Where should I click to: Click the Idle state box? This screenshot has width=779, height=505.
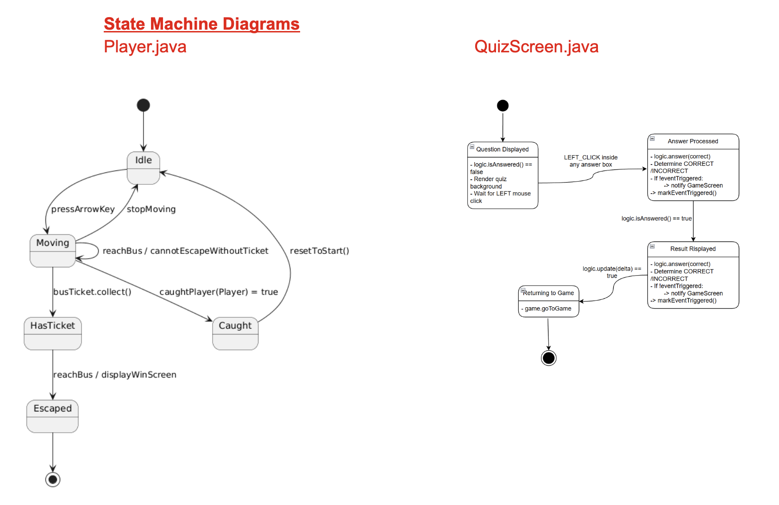pos(143,168)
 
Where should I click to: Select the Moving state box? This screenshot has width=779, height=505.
pos(52,250)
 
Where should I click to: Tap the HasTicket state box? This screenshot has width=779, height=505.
pos(52,333)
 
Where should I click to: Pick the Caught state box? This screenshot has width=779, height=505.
pos(235,333)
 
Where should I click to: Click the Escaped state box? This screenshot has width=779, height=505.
pos(52,416)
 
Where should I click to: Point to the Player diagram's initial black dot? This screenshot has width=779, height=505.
pos(143,105)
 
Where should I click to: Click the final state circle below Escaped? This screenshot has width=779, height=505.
pos(53,479)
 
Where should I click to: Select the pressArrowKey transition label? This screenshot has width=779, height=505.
pos(83,209)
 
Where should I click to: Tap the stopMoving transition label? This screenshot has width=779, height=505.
pos(151,209)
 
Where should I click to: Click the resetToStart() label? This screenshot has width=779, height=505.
pos(319,251)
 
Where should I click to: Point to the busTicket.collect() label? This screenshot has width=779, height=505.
pos(92,292)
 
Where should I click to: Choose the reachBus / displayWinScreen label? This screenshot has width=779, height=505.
pos(114,374)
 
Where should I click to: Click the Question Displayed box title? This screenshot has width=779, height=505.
pos(502,149)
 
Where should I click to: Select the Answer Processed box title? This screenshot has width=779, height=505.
pos(692,141)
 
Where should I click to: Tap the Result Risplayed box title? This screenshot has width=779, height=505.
pos(692,249)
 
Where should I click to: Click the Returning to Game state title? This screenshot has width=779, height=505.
pos(548,293)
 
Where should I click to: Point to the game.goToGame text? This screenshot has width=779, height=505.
pos(548,309)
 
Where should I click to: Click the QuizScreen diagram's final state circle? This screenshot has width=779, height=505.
pos(548,358)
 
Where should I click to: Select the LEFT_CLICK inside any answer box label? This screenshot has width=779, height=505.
pos(591,161)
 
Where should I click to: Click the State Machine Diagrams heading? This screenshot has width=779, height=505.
pos(201,24)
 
